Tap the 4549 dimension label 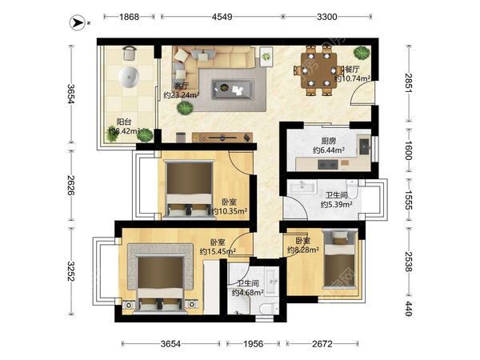click(x=222, y=17)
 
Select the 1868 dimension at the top click(x=129, y=17)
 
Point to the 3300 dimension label click(x=326, y=17)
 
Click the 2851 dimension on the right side click(x=408, y=83)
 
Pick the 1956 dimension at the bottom click(x=253, y=344)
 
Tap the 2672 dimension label click(x=322, y=344)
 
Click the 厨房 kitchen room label click(x=329, y=141)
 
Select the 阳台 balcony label click(x=124, y=122)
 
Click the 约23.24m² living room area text click(x=182, y=95)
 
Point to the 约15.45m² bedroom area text click(x=218, y=252)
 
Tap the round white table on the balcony click(x=129, y=77)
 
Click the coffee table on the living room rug click(x=233, y=89)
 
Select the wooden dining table click(x=318, y=70)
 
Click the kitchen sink click(x=364, y=146)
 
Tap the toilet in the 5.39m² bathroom click(x=352, y=188)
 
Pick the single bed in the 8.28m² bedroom click(x=341, y=259)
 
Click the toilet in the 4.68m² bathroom click(x=267, y=308)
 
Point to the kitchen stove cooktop click(x=328, y=165)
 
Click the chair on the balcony click(x=130, y=54)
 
